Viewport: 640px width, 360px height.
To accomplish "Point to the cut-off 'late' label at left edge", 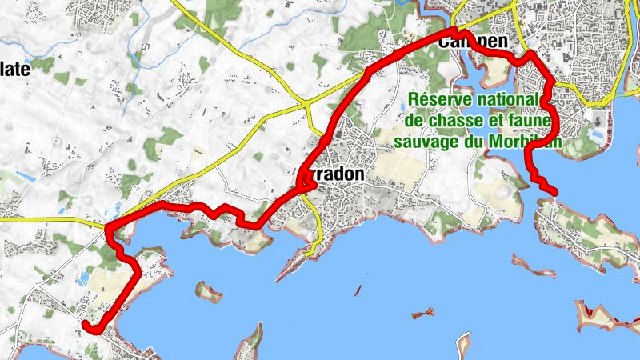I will pos(15,70).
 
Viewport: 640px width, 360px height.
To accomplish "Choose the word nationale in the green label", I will pos(510,99).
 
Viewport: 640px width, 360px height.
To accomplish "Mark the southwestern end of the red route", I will pos(86,322).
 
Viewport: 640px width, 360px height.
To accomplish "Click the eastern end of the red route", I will pos(554,190).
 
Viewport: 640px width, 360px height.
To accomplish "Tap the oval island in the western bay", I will pos(210,291).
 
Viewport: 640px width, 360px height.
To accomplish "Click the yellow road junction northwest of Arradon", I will pos(307,104).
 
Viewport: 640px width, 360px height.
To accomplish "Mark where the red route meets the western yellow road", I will pos(107,226).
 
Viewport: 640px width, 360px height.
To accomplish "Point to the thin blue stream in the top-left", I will pos(145,48).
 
